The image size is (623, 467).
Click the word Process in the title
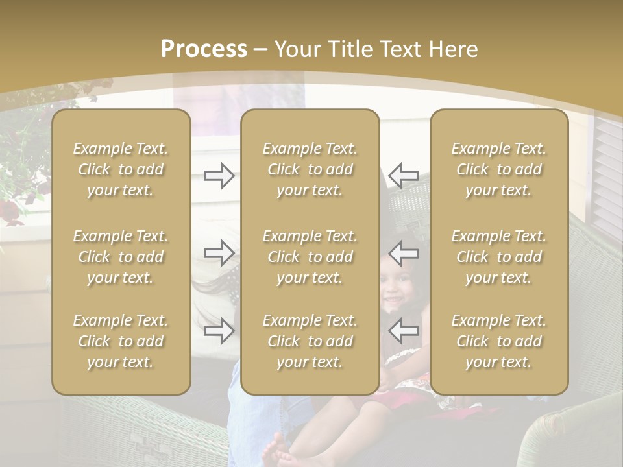coord(204,49)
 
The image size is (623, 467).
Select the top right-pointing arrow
coord(219,175)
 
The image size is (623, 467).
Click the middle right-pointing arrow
coord(219,252)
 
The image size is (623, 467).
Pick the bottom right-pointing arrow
coord(219,331)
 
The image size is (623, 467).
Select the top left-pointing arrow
coord(404,175)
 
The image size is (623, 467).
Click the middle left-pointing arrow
coord(404,252)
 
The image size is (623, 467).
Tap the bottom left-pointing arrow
coord(404,331)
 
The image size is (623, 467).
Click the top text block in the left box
coord(121,169)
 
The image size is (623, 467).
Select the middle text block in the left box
coord(121,257)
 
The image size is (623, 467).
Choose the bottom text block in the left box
coord(121,341)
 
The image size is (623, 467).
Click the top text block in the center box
coord(310,169)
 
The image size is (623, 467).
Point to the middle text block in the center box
coord(310,257)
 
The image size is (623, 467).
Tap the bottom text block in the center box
coord(310,341)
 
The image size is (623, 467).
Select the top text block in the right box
coord(499,169)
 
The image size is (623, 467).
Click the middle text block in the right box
coord(499,257)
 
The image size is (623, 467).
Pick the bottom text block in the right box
coord(499,341)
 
